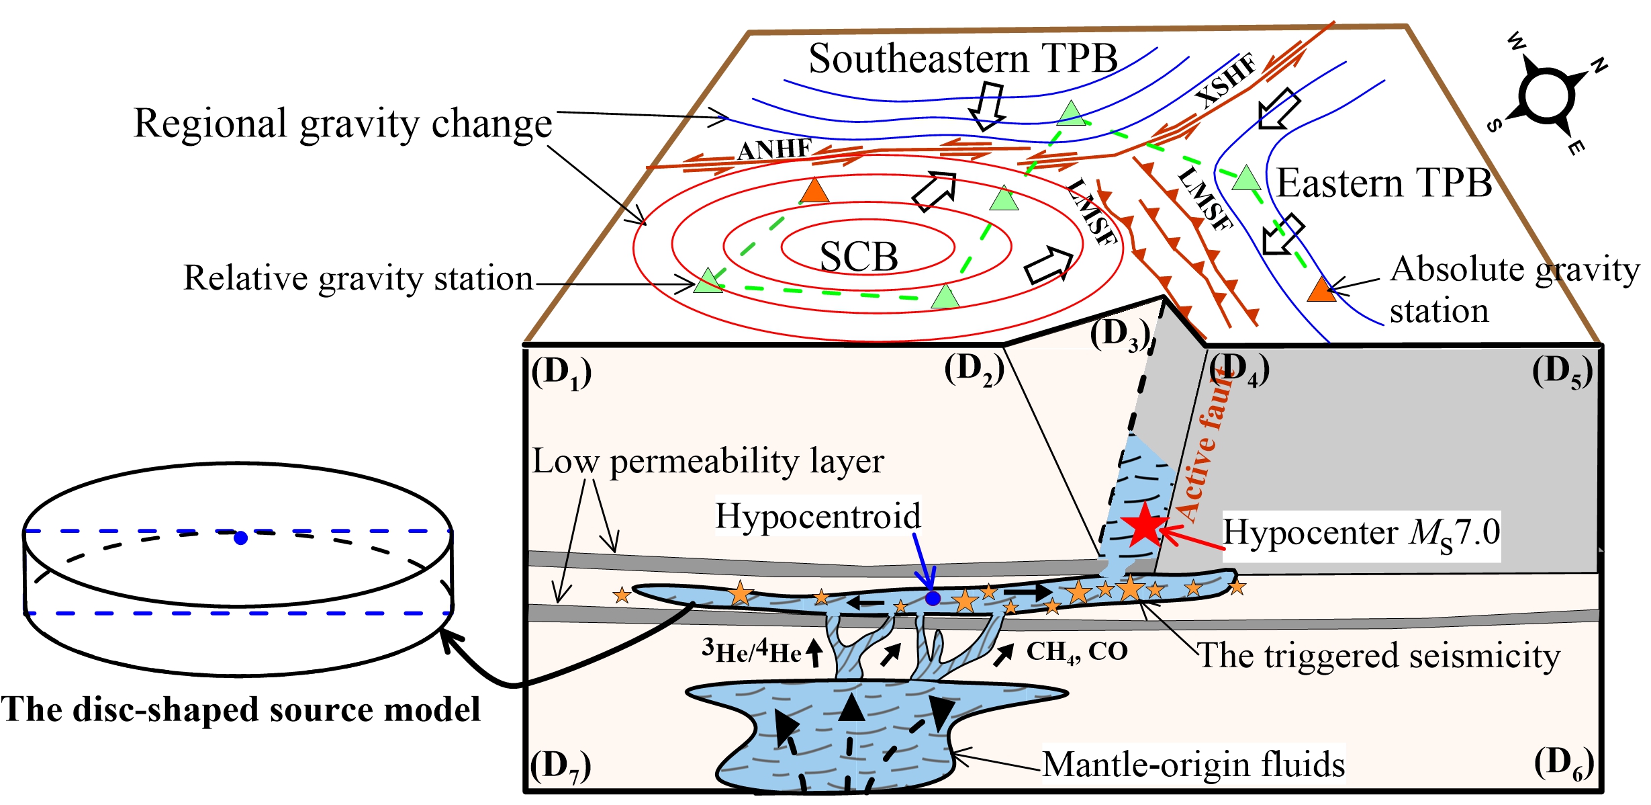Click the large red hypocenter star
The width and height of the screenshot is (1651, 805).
1144,525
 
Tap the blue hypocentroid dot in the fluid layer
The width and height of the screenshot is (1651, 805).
933,598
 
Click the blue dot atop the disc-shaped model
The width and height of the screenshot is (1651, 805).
240,538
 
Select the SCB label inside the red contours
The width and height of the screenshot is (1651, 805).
859,257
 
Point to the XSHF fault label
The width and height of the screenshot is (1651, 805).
1226,81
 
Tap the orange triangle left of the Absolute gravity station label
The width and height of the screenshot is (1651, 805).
1321,290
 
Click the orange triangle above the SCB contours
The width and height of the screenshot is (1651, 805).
814,191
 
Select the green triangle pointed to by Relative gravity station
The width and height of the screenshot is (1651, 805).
708,281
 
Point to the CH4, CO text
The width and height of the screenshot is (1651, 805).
1077,651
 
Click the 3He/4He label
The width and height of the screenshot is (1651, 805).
752,651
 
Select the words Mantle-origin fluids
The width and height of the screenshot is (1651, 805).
1193,765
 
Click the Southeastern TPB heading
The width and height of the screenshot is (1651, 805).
963,58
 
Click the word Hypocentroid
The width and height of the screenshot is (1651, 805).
817,516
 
